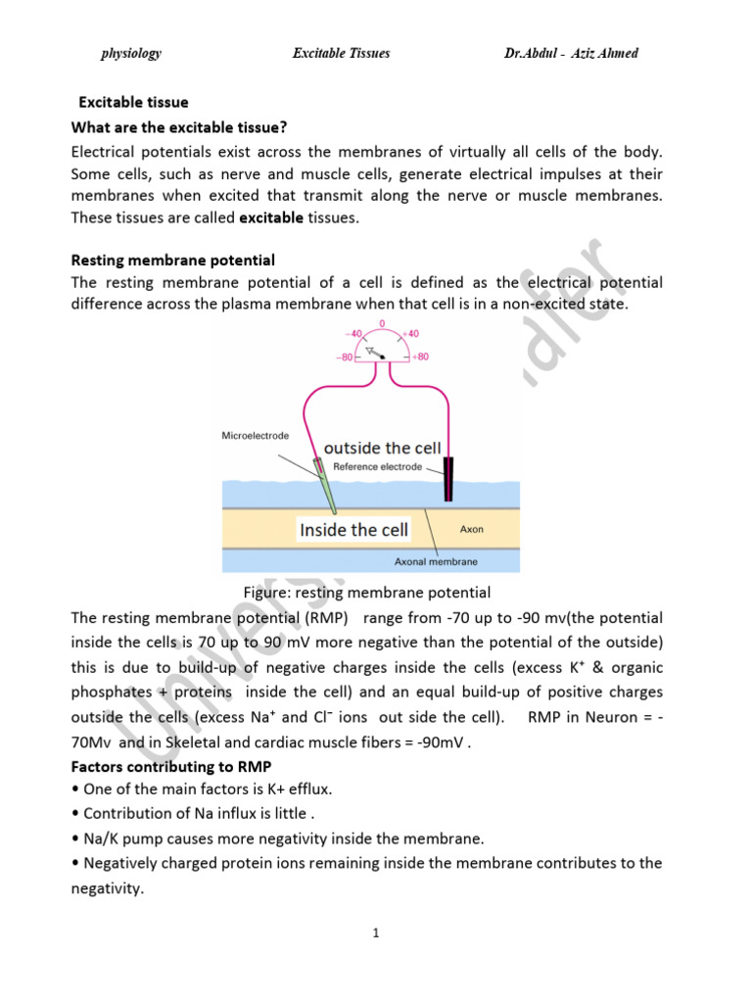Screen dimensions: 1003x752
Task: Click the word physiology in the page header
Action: [131, 53]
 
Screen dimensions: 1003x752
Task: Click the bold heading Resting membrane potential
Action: [173, 261]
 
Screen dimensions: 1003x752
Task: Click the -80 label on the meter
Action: [344, 358]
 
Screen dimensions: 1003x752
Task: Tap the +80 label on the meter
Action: [419, 357]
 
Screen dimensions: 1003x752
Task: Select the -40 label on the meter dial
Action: [349, 333]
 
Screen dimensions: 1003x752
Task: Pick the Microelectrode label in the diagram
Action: [256, 435]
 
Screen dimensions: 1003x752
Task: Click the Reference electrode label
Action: [378, 467]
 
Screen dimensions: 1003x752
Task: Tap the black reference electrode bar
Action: [448, 479]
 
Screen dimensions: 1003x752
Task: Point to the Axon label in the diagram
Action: [473, 529]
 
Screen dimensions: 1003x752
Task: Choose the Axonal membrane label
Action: [436, 562]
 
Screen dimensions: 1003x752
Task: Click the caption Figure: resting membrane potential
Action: [366, 593]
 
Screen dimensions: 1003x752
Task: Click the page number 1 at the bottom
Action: [375, 933]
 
